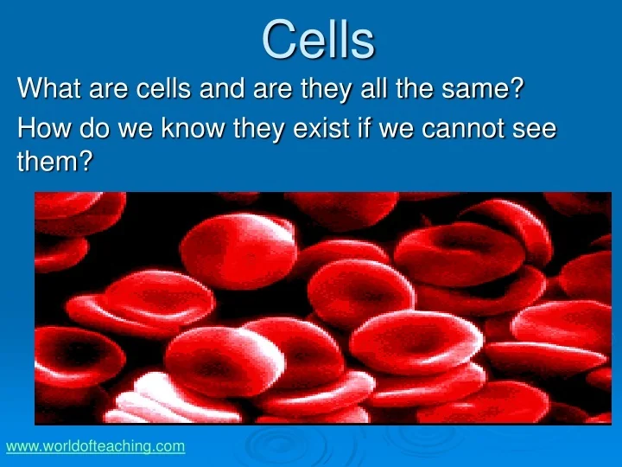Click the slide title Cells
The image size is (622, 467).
click(x=318, y=39)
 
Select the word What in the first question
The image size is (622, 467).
click(x=48, y=88)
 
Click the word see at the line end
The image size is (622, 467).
click(x=534, y=129)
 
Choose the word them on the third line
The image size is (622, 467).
click(x=48, y=161)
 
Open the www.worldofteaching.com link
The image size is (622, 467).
click(x=95, y=446)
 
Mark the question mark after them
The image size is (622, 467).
click(x=86, y=161)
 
